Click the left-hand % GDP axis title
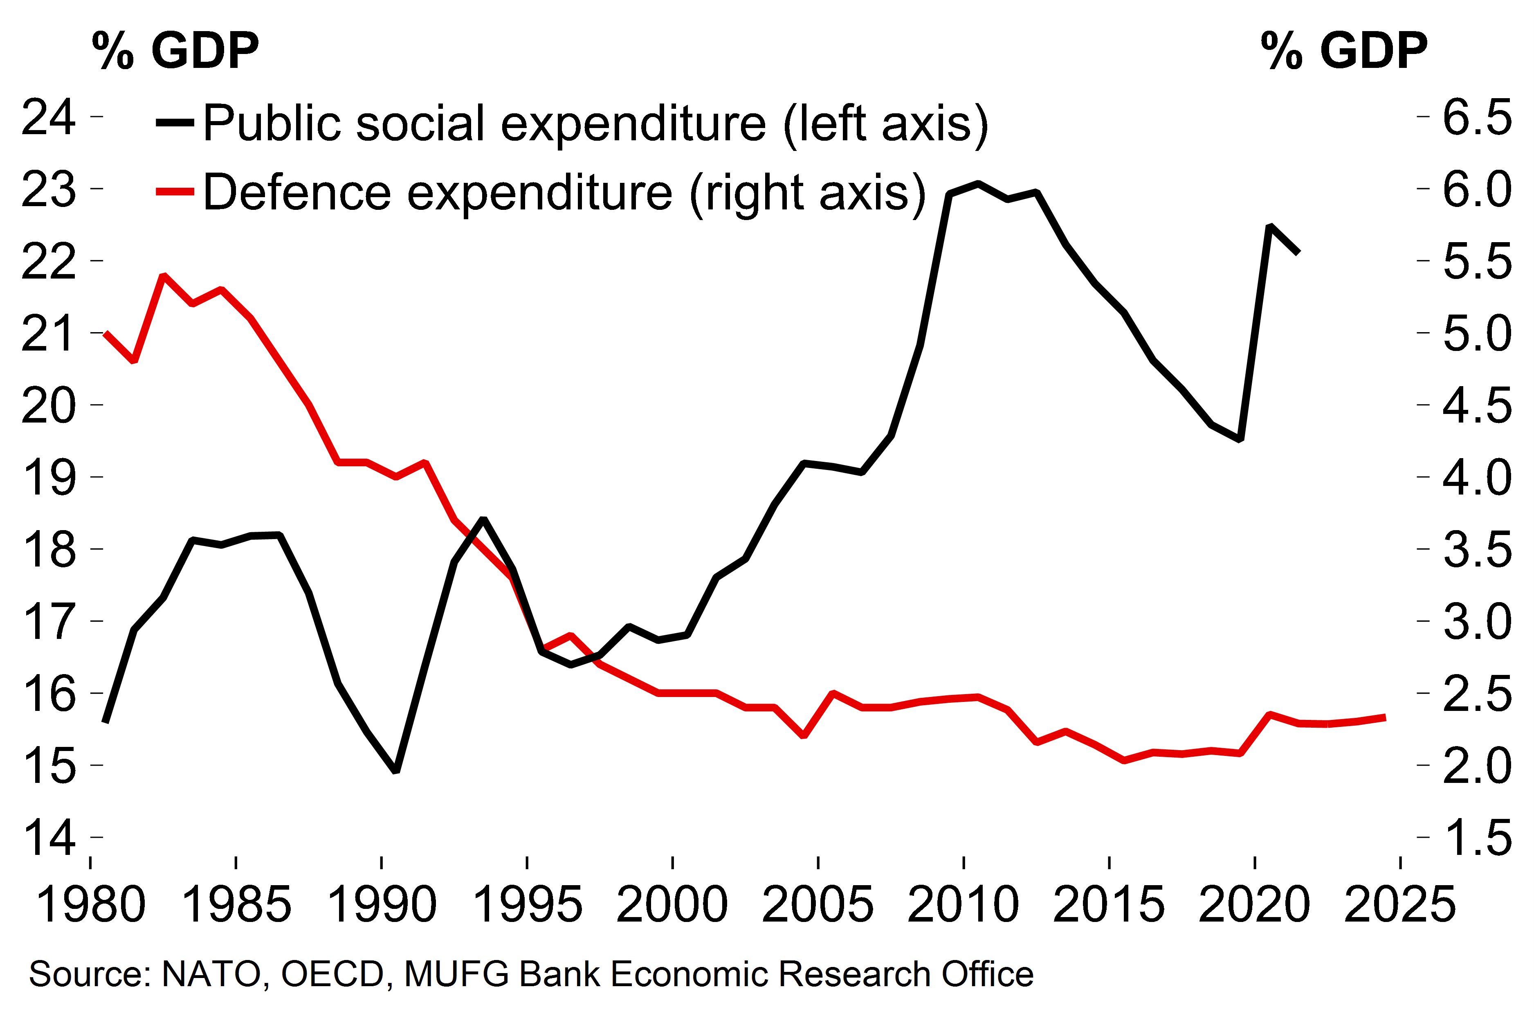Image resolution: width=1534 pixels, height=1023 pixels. [175, 50]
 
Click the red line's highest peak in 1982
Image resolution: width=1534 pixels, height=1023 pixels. [164, 276]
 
